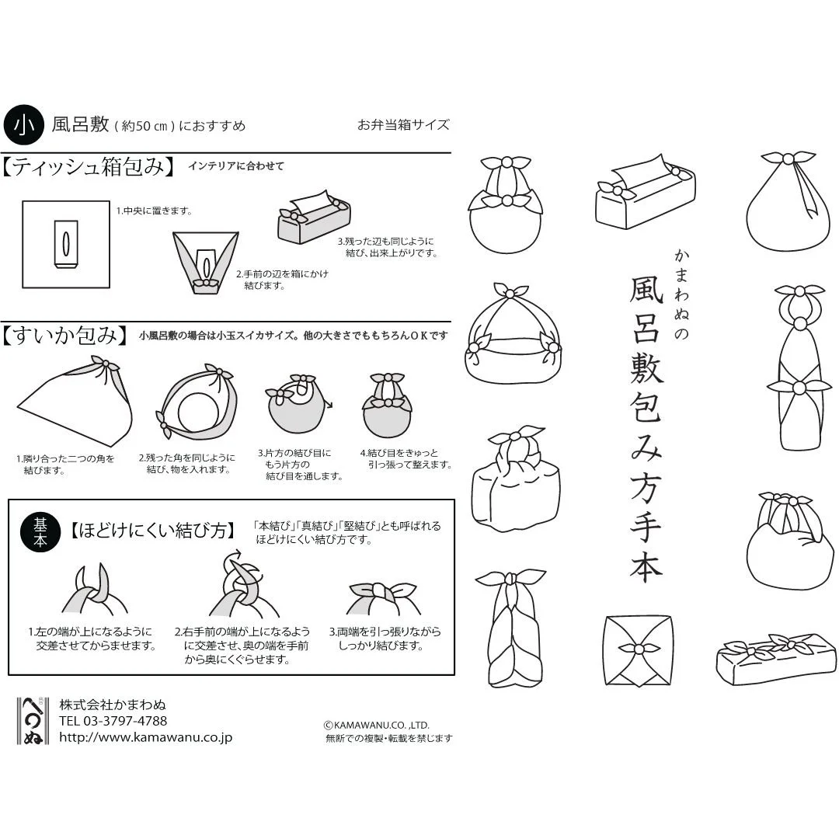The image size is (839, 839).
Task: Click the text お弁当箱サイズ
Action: tap(403, 124)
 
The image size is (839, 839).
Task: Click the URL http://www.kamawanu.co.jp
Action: tap(145, 738)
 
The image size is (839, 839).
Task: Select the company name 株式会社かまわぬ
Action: tap(113, 705)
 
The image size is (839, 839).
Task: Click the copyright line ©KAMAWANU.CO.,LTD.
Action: tap(377, 725)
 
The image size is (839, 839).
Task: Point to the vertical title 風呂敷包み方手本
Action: tap(644, 426)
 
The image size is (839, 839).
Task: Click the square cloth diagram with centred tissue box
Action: tap(66, 243)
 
